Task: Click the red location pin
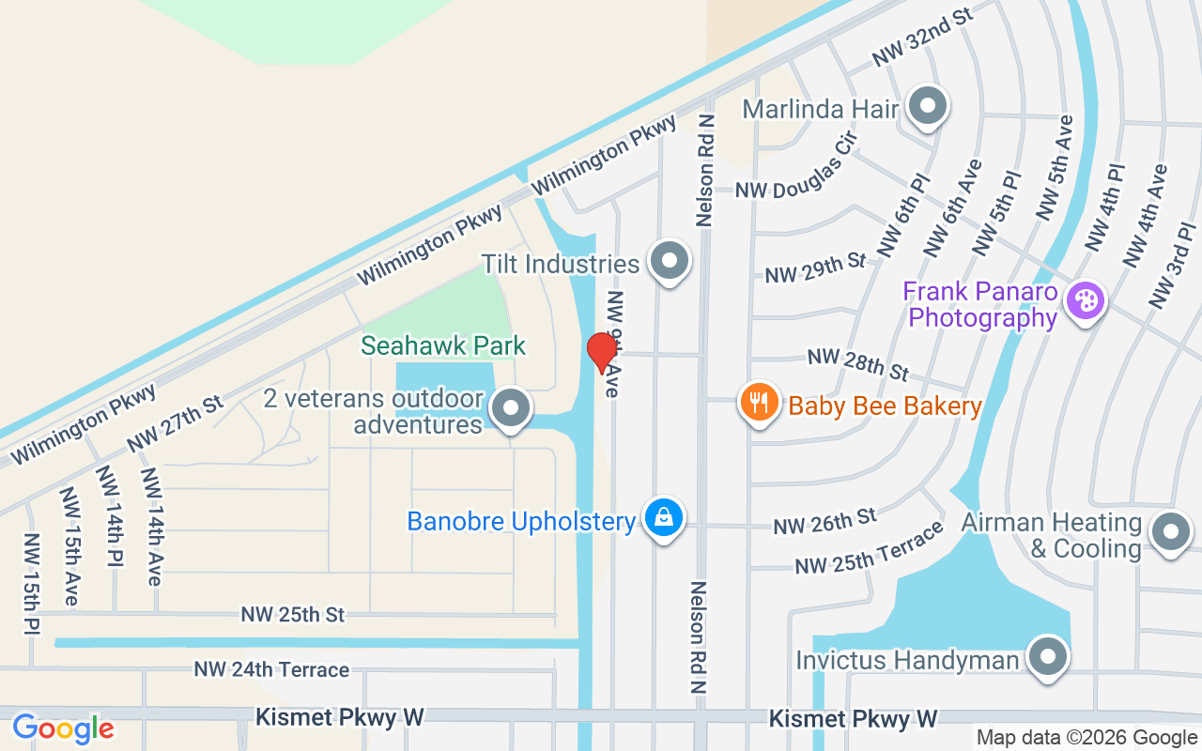click(x=601, y=351)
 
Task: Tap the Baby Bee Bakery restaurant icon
click(x=760, y=403)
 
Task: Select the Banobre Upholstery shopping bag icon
click(x=664, y=517)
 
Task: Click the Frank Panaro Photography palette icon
click(x=1085, y=300)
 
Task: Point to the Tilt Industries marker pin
click(x=669, y=262)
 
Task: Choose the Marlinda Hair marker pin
click(x=928, y=106)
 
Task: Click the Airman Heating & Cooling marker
click(x=1170, y=531)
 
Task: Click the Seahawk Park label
click(x=443, y=345)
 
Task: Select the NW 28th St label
click(x=857, y=364)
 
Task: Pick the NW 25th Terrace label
click(x=869, y=549)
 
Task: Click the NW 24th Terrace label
click(x=271, y=669)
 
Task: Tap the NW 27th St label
click(x=176, y=423)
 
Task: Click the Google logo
click(x=63, y=728)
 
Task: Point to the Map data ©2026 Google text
click(x=1086, y=738)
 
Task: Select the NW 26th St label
click(x=824, y=522)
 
